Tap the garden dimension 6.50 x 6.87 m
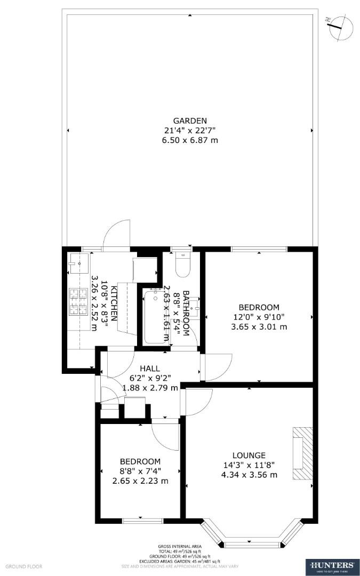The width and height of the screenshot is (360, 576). pos(189,140)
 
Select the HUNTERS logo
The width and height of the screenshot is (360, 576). pos(330,566)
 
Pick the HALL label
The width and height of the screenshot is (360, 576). pos(150,369)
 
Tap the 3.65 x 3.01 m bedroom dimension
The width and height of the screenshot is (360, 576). pos(259,326)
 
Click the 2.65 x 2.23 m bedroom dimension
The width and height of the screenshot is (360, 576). pos(140,481)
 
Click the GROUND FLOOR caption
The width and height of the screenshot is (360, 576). pos(24,566)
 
